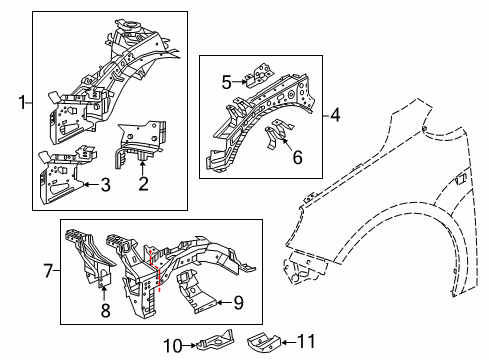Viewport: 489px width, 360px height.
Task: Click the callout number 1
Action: (22, 102)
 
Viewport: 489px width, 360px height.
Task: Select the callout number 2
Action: (143, 184)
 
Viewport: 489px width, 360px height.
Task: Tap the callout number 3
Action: (105, 184)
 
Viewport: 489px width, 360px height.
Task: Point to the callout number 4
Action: (335, 115)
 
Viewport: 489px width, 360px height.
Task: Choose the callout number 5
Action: (227, 82)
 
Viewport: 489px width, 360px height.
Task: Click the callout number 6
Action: (297, 157)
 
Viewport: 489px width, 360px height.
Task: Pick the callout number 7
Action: (49, 270)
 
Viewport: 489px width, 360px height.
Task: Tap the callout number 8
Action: (105, 310)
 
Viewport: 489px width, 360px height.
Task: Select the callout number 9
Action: (238, 303)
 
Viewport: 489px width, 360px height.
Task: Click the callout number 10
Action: (173, 346)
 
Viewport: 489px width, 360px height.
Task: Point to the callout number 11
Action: (306, 341)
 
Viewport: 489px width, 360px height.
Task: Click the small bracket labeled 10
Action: (216, 340)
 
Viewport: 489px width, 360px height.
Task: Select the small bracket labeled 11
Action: (264, 342)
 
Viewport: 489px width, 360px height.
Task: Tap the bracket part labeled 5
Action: (259, 75)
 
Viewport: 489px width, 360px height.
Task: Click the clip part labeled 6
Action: (278, 132)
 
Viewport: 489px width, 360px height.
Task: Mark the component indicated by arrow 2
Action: (141, 144)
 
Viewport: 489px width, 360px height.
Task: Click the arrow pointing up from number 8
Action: (104, 294)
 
